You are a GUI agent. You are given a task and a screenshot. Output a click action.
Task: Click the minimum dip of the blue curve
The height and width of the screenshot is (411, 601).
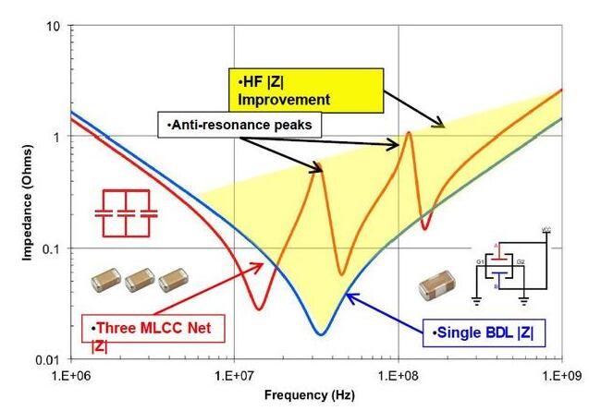pyautogui.click(x=320, y=333)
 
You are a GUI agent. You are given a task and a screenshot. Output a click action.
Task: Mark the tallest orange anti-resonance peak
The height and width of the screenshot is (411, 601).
pyautogui.click(x=408, y=133)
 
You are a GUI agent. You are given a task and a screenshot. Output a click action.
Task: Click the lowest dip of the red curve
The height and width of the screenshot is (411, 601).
pyautogui.click(x=259, y=308)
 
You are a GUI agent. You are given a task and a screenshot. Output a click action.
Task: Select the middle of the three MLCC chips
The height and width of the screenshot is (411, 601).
pyautogui.click(x=140, y=278)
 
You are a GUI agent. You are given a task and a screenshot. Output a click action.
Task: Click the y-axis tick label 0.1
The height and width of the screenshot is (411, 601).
pyautogui.click(x=52, y=248)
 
